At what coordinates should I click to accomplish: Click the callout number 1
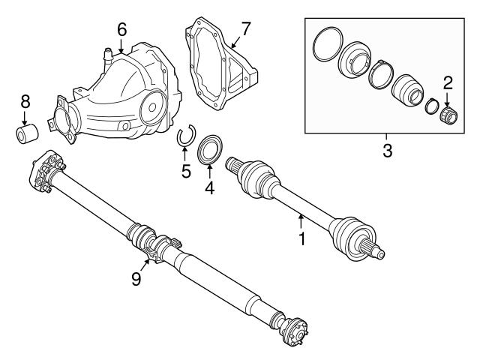point(301,240)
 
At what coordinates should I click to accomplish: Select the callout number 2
point(448,82)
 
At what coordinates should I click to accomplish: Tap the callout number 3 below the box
point(387,151)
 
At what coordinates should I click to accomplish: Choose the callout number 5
point(185,171)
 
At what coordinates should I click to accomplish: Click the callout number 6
point(121,29)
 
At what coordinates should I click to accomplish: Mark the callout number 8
point(25,101)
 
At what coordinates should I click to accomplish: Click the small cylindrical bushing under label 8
point(26,135)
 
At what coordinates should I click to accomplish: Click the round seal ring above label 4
point(210,149)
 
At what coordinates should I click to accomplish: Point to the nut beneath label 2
point(449,114)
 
